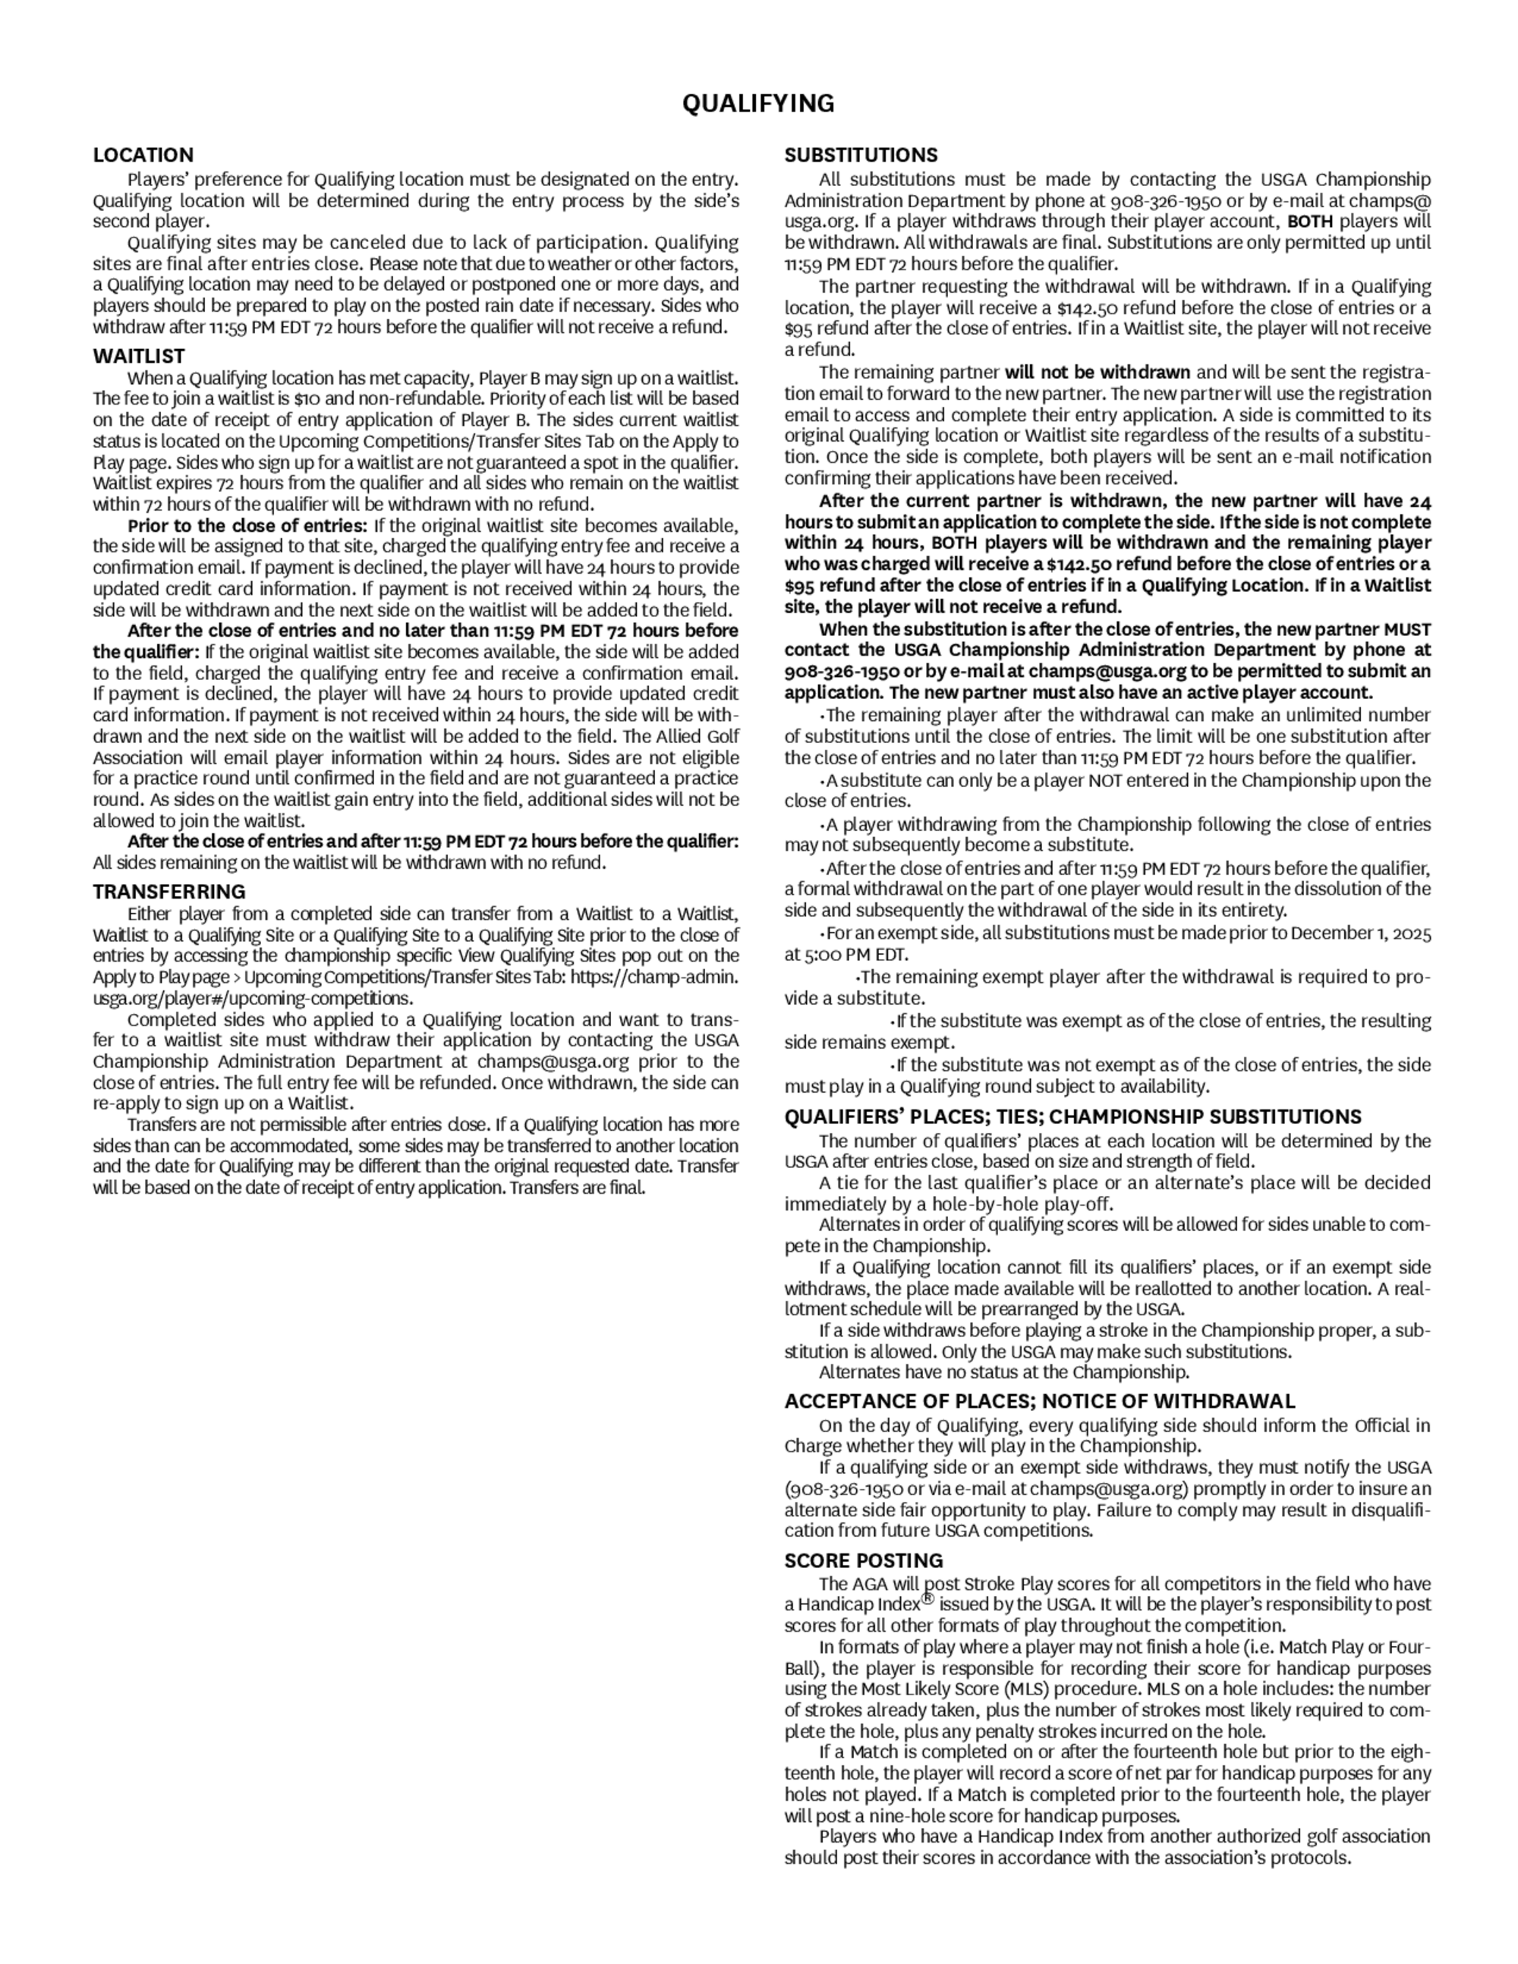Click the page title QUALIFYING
pos(758,104)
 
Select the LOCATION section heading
pos(143,155)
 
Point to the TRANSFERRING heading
pos(169,892)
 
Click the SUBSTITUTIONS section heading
pos(861,155)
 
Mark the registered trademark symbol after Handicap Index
pos(928,1599)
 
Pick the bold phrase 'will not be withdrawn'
pos(1097,373)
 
